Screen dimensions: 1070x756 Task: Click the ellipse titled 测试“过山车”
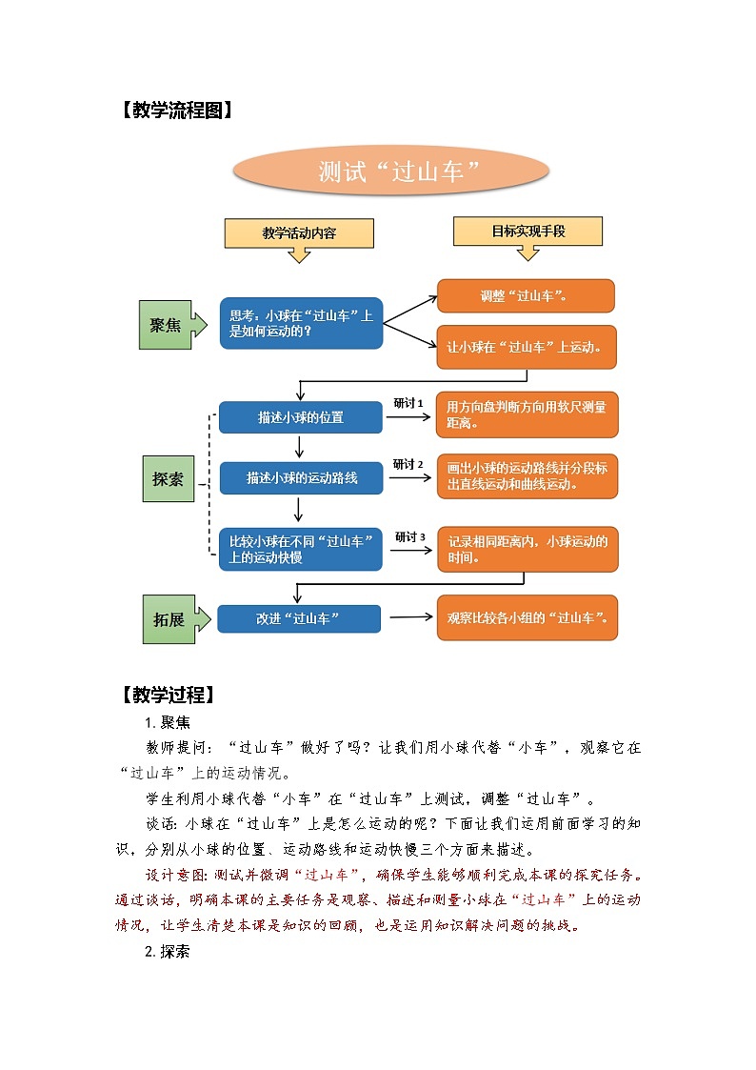click(x=391, y=172)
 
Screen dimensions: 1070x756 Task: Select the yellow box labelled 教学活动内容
click(x=299, y=232)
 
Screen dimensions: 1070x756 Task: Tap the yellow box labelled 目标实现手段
click(x=527, y=231)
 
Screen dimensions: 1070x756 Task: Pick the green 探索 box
click(x=168, y=479)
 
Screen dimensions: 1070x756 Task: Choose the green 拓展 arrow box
click(x=172, y=618)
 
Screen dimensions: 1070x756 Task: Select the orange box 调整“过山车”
click(x=525, y=295)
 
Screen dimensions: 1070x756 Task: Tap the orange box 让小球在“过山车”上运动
click(x=526, y=347)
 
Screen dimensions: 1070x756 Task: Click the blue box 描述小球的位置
click(x=300, y=417)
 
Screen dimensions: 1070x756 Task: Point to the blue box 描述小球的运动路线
click(x=301, y=477)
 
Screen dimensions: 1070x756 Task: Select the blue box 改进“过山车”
click(x=299, y=618)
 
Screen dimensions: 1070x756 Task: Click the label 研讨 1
click(x=408, y=403)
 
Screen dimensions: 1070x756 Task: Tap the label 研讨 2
click(x=408, y=464)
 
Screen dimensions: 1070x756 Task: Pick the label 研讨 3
click(x=409, y=536)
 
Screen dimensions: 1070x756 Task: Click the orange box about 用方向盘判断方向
click(x=527, y=414)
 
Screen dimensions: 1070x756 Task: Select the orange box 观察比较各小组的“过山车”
click(x=527, y=617)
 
